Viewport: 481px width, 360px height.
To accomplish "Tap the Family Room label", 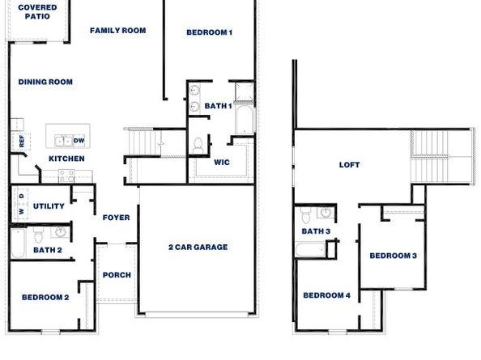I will [x=117, y=31].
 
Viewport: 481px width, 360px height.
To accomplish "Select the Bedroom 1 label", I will [x=209, y=32].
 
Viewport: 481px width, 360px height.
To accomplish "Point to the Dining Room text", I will [x=45, y=82].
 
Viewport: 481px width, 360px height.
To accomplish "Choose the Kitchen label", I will [x=66, y=159].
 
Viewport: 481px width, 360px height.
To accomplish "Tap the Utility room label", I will [x=49, y=206].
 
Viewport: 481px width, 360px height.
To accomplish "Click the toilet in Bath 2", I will [x=37, y=236].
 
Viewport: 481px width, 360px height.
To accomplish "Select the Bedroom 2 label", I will [x=45, y=298].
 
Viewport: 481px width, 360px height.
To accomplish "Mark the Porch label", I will [x=117, y=275].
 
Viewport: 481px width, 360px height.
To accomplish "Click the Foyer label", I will [x=117, y=217].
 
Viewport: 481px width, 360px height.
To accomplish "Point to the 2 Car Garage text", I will [x=198, y=247].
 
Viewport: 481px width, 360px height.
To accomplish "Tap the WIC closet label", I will [x=222, y=162].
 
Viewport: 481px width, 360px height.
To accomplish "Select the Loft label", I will [x=349, y=165].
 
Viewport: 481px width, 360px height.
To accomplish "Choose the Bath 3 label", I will [x=316, y=231].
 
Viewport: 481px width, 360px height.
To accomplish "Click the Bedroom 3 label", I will [x=393, y=256].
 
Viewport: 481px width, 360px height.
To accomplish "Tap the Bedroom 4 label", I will [x=326, y=295].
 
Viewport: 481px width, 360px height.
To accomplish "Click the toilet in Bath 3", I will [x=306, y=216].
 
